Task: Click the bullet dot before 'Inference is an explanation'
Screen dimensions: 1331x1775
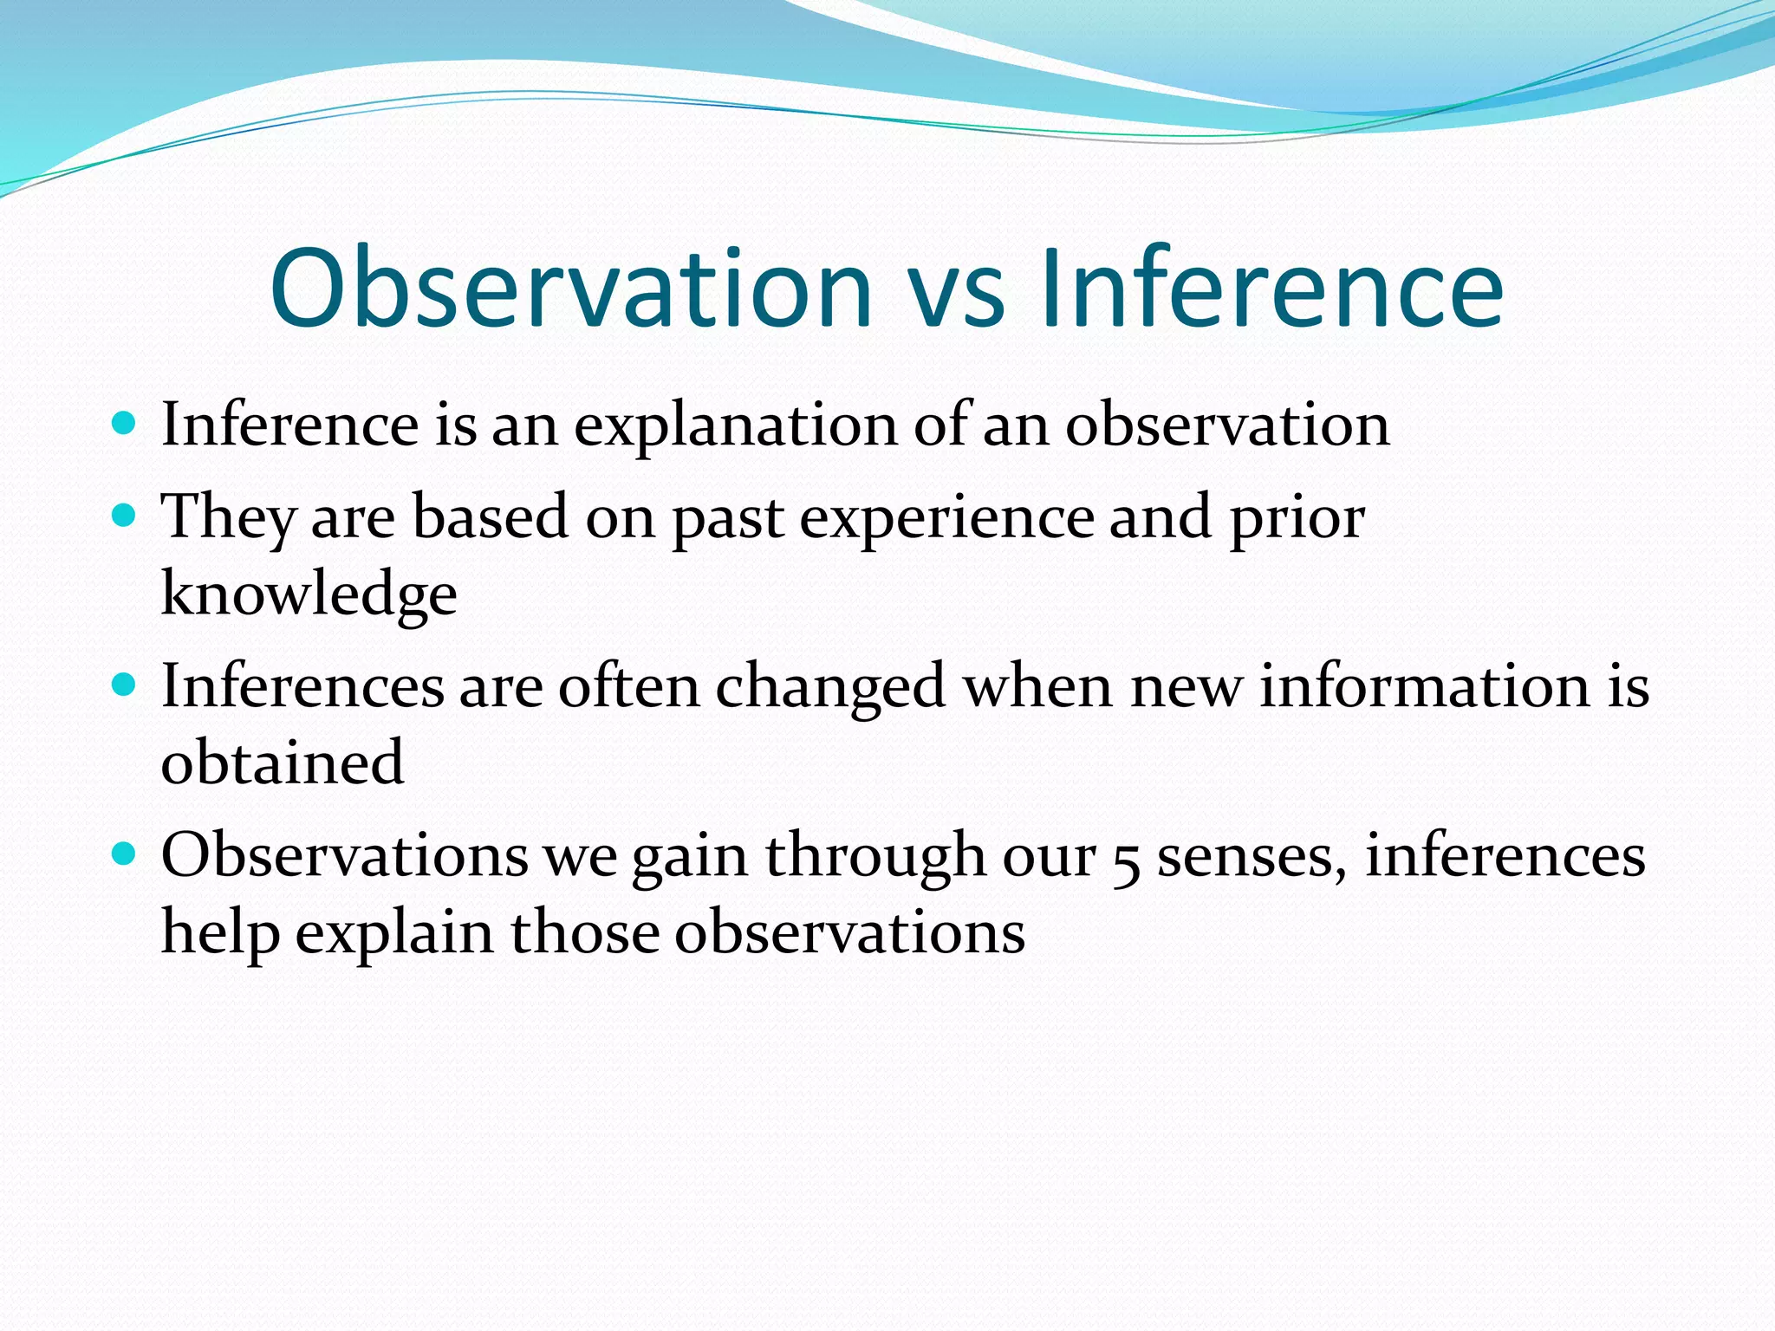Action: (x=125, y=424)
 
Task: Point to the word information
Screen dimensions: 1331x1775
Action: (x=1424, y=686)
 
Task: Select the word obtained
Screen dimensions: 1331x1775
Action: (x=283, y=763)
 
